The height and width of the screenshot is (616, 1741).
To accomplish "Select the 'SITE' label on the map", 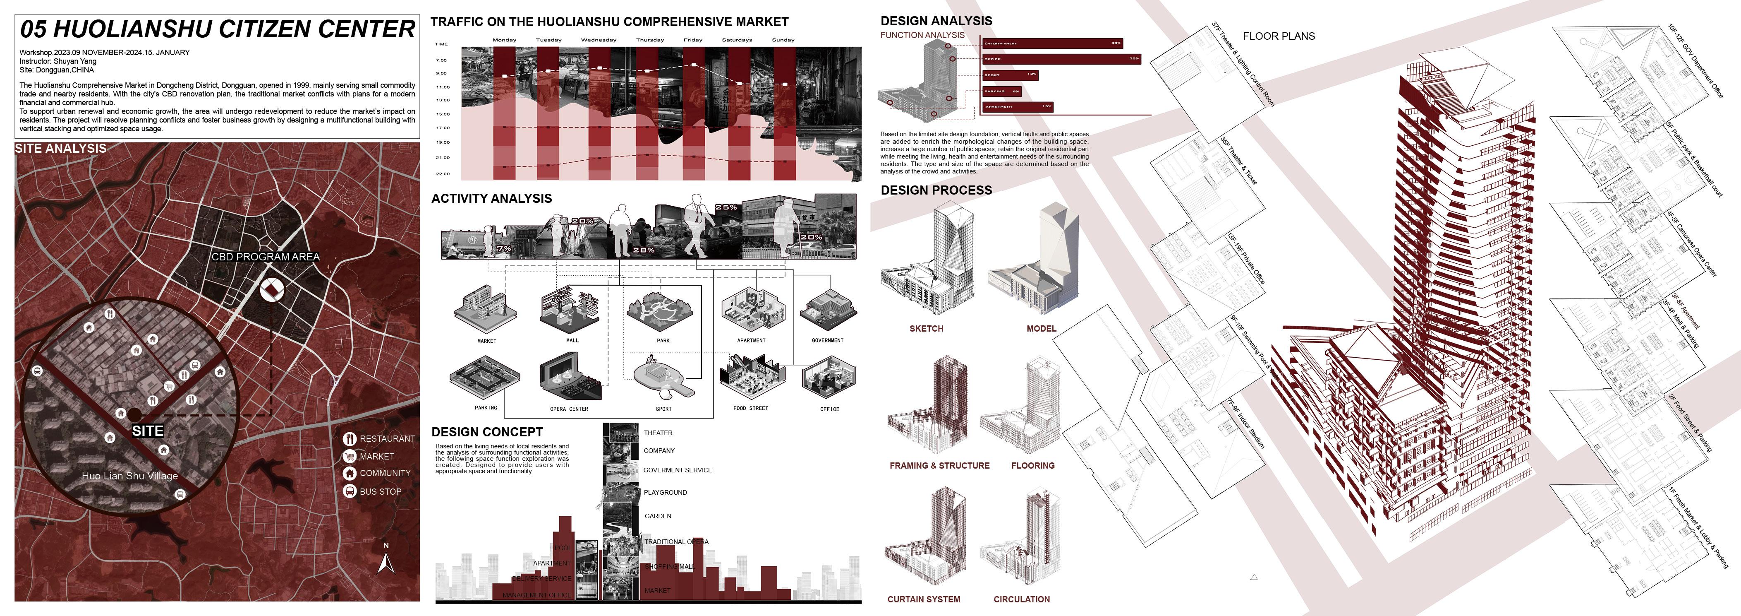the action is pos(147,431).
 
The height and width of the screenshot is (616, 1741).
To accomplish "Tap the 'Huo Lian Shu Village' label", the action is pos(130,476).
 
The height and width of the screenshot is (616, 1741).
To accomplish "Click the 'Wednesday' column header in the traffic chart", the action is pos(598,40).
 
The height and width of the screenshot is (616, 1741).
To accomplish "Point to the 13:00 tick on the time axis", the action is pos(443,100).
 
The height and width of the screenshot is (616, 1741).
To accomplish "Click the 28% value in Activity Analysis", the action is pos(644,250).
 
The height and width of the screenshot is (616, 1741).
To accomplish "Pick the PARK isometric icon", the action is pos(662,311).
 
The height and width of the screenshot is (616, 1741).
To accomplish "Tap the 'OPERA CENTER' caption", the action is pos(568,409).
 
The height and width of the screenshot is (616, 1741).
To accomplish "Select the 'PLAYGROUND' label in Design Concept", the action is pos(665,492).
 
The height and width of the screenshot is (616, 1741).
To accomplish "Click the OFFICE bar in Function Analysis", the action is pos(1061,59).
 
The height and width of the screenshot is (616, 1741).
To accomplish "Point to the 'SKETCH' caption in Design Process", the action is pos(926,329).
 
